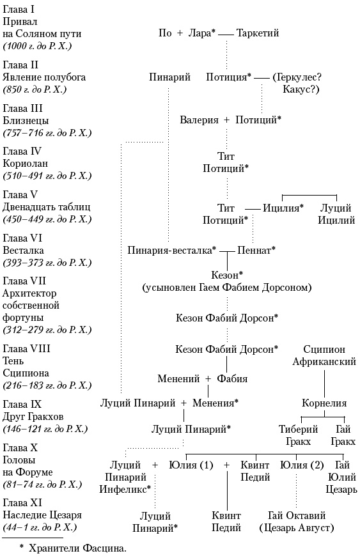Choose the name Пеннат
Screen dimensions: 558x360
pyautogui.click(x=255, y=250)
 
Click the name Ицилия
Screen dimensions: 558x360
pyautogui.click(x=283, y=208)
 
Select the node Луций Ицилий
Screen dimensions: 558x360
pyautogui.click(x=337, y=214)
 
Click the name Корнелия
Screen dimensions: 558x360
pyautogui.click(x=324, y=403)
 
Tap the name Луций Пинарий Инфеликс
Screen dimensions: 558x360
pyautogui.click(x=129, y=477)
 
